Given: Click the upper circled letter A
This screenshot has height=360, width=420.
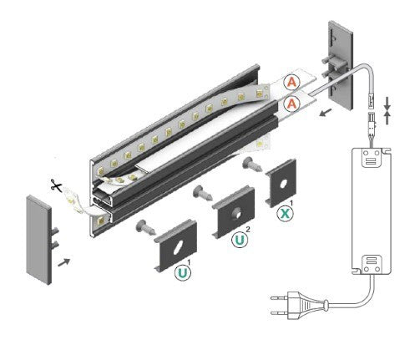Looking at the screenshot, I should (291, 82).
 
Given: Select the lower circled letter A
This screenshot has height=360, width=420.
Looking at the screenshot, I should (291, 103).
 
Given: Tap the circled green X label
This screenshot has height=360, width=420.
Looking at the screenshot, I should (285, 213).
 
